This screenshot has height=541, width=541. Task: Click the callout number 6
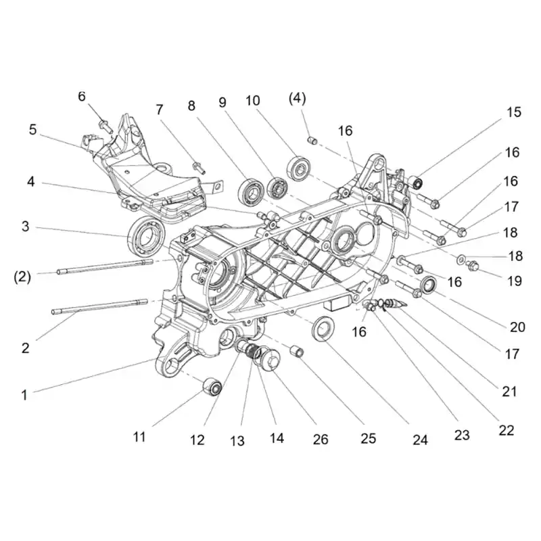pyautogui.click(x=81, y=97)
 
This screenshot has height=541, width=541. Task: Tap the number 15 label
pyautogui.click(x=514, y=112)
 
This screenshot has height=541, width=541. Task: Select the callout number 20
pyautogui.click(x=517, y=327)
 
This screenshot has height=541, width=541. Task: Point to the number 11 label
pyautogui.click(x=139, y=437)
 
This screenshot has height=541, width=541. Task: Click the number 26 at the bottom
pyautogui.click(x=321, y=439)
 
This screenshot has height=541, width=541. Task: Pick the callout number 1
pyautogui.click(x=24, y=395)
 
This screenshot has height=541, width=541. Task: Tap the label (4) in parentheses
pyautogui.click(x=297, y=99)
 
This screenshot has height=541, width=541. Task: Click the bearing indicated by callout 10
pyautogui.click(x=298, y=168)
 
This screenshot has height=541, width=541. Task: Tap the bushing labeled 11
pyautogui.click(x=212, y=386)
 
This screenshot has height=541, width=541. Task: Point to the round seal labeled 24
pyautogui.click(x=323, y=328)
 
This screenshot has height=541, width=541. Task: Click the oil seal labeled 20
pyautogui.click(x=429, y=285)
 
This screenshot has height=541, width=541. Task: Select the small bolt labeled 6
pyautogui.click(x=105, y=126)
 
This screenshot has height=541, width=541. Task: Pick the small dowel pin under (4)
pyautogui.click(x=312, y=141)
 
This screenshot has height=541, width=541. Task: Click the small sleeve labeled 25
pyautogui.click(x=297, y=351)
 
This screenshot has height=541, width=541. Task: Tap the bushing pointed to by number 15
pyautogui.click(x=416, y=182)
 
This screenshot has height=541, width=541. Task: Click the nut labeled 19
pyautogui.click(x=473, y=266)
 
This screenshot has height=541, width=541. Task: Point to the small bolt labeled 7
pyautogui.click(x=198, y=166)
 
